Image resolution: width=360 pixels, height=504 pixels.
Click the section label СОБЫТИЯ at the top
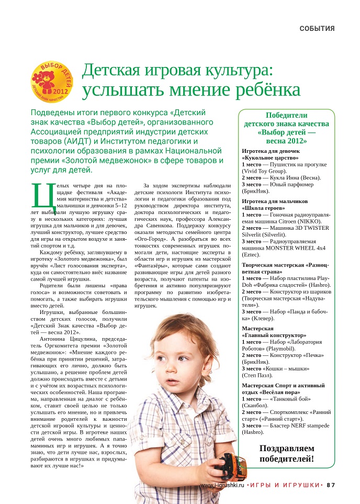317,28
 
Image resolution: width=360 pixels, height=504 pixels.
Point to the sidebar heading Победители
286,116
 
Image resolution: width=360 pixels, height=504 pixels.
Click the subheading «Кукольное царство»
270,157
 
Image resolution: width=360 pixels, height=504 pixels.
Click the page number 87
330,485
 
